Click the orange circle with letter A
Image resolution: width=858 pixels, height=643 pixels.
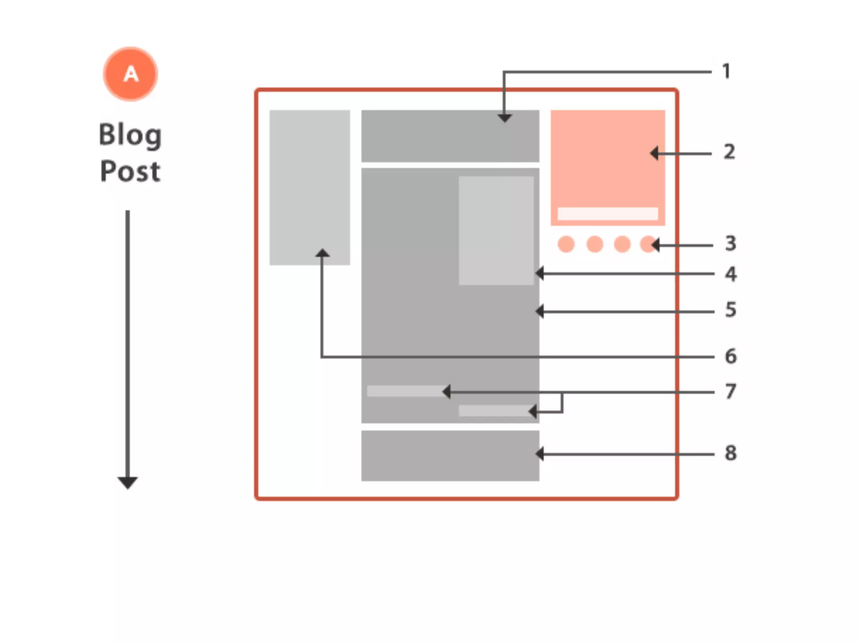tap(130, 74)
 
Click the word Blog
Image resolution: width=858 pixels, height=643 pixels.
tap(130, 135)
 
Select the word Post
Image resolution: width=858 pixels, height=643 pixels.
tap(130, 171)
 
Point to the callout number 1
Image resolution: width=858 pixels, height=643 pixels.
tap(726, 72)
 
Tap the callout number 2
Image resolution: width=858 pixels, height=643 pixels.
tap(729, 152)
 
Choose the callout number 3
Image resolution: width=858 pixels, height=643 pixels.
tap(730, 244)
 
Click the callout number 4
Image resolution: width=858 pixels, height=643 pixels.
tap(731, 274)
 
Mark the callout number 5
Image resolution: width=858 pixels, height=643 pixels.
tap(731, 310)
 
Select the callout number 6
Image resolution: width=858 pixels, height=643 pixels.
tap(731, 356)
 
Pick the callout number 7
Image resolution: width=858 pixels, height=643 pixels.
tap(731, 392)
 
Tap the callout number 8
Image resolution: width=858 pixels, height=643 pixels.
tap(731, 453)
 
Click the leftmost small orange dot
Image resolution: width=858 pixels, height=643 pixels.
tap(566, 244)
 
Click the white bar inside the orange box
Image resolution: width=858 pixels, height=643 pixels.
tap(607, 213)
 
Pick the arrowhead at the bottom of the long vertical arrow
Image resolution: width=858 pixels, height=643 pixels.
tap(127, 483)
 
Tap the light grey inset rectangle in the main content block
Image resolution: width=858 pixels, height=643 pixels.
tap(496, 230)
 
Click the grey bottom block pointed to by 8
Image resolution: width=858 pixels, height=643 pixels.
tap(450, 455)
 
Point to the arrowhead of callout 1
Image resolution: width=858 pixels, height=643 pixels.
tap(504, 118)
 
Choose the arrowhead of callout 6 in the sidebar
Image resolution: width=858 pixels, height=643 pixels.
tap(322, 253)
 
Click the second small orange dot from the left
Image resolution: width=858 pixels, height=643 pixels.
tap(594, 244)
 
